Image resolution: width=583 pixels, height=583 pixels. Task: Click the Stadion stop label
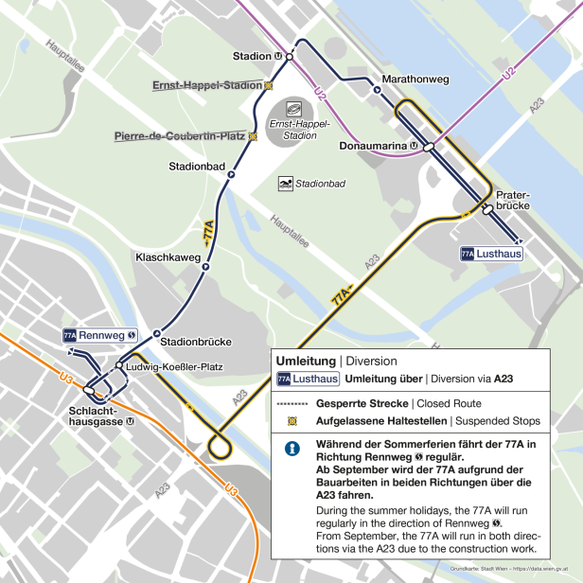252,56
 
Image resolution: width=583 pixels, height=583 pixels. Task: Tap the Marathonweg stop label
415,79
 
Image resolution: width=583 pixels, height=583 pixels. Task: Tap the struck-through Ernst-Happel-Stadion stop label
206,85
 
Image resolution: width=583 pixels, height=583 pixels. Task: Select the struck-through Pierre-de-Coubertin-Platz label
180,136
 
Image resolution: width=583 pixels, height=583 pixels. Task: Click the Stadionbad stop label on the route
197,167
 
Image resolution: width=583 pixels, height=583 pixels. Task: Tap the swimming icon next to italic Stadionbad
285,183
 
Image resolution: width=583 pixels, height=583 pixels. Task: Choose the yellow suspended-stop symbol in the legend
292,420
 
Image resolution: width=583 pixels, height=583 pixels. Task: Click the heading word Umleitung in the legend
306,361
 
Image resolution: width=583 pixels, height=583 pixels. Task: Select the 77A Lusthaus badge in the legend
308,379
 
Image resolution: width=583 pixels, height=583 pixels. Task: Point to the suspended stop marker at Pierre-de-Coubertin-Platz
253,136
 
